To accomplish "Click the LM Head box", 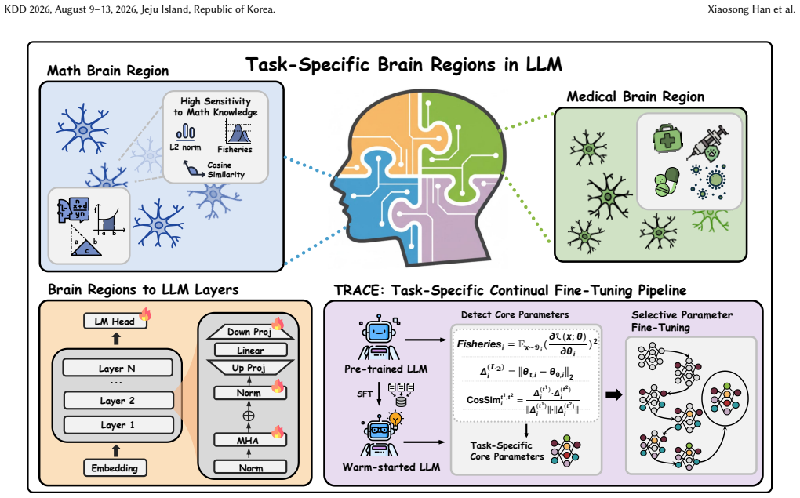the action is pos(115,322).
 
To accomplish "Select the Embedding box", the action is pos(115,468).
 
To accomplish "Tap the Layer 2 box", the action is pos(118,401).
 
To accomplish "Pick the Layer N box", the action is pos(118,368).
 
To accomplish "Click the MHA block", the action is pos(250,440).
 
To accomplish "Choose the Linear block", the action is pos(250,351).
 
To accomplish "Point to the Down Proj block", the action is pos(250,332).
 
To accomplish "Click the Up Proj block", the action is pos(250,368).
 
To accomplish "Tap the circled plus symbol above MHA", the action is pos(249,416).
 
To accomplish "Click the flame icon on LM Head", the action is pos(145,314).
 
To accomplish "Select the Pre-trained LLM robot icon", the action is pos(379,337).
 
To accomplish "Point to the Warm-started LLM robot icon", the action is pos(379,435).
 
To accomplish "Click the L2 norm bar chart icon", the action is pos(185,133).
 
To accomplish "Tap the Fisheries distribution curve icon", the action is pos(238,133).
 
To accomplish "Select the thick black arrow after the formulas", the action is pos(614,394).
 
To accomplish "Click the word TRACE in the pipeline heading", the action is pos(357,290).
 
